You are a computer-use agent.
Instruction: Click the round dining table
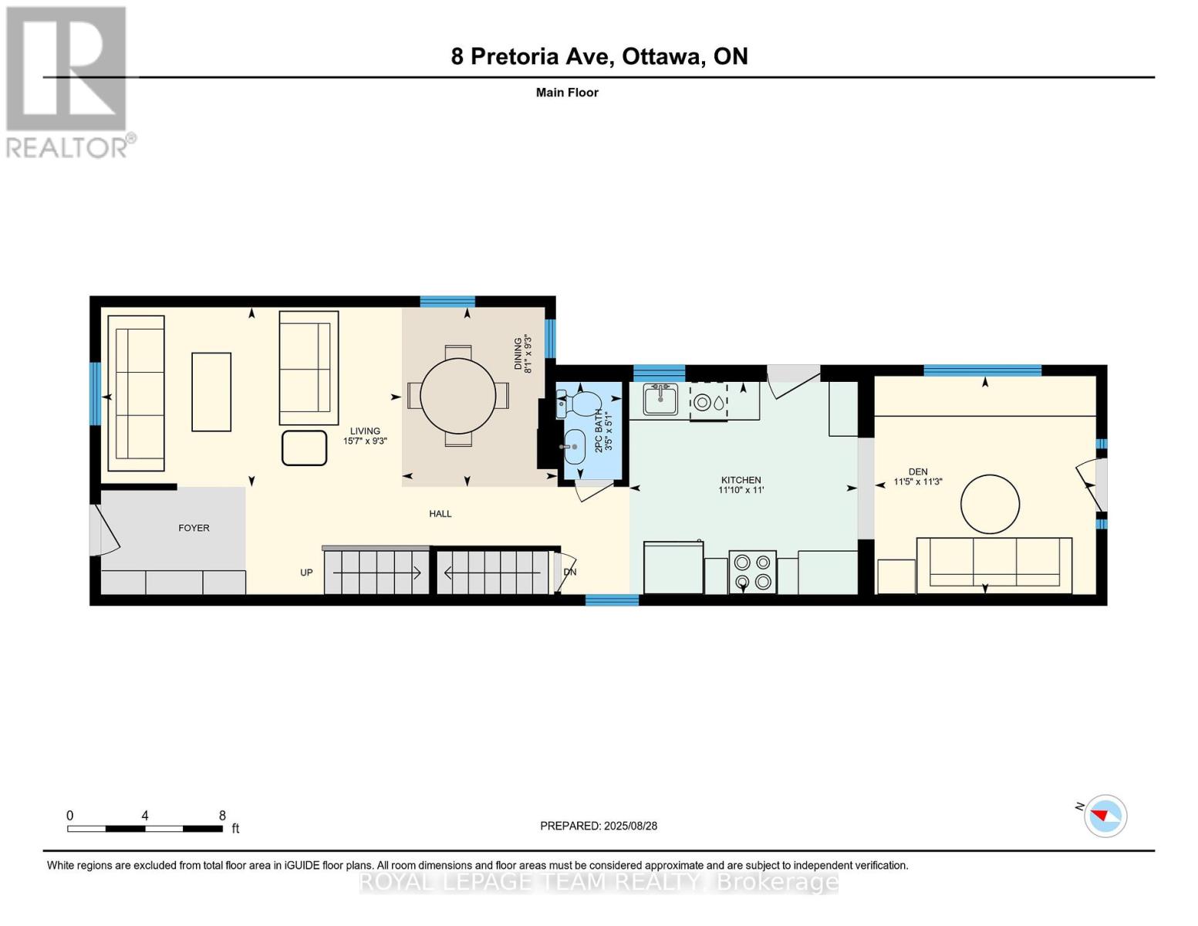(x=457, y=395)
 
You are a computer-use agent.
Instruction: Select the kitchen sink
(x=661, y=399)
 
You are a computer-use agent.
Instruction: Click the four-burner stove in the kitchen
(x=752, y=572)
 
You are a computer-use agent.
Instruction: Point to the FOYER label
(x=194, y=528)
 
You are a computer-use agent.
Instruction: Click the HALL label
(x=440, y=513)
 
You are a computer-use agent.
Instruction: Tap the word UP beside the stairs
(x=306, y=573)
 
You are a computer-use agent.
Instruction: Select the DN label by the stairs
(x=569, y=572)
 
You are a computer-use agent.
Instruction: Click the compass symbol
(x=1105, y=816)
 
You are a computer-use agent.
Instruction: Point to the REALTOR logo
(x=67, y=83)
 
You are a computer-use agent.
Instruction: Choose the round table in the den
(x=990, y=504)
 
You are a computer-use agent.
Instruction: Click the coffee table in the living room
(x=211, y=391)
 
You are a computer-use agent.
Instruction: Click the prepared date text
(x=598, y=826)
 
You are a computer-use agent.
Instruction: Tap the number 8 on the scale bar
(x=222, y=815)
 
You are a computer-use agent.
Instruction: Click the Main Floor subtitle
(x=567, y=93)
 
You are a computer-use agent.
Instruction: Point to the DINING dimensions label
(x=522, y=354)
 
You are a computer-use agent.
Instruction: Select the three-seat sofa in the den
(x=994, y=566)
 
